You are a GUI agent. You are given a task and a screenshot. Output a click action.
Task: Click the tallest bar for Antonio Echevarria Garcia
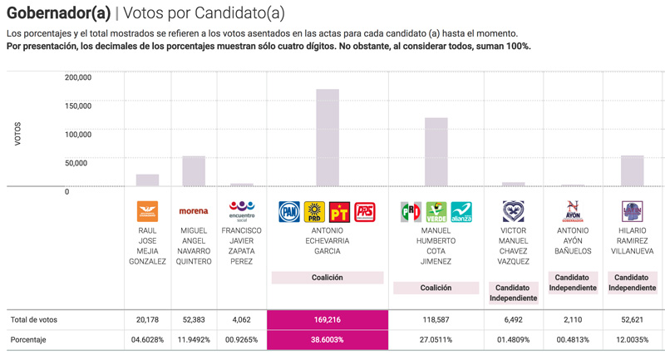point(328,138)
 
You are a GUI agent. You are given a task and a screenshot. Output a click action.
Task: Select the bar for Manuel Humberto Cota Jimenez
point(436,152)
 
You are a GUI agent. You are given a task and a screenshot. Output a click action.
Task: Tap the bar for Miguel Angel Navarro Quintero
point(194,171)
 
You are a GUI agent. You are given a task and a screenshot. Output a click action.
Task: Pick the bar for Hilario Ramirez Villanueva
point(632,171)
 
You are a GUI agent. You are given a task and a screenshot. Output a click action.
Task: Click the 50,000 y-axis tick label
point(76,163)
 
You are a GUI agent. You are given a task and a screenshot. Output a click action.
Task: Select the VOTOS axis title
point(18,134)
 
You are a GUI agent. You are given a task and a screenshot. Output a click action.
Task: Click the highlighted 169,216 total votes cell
point(327,319)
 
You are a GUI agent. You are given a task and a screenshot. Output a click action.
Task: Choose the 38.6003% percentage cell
point(327,340)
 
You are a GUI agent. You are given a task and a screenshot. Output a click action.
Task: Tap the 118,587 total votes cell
point(436,319)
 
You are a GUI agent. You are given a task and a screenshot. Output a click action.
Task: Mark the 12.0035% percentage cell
point(632,340)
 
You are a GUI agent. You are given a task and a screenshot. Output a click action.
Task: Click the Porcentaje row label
point(28,340)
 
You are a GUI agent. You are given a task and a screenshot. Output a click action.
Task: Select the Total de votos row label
point(34,319)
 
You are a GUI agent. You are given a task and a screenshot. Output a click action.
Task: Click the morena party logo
point(194,211)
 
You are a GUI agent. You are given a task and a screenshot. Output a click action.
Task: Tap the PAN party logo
point(289,212)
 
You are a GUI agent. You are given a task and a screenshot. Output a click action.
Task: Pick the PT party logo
point(339,212)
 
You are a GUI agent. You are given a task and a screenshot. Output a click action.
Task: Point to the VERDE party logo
point(436,212)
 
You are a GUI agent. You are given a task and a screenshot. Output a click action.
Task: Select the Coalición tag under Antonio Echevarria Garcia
point(327,278)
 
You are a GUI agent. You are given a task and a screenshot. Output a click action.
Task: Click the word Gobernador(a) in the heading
point(57,13)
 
